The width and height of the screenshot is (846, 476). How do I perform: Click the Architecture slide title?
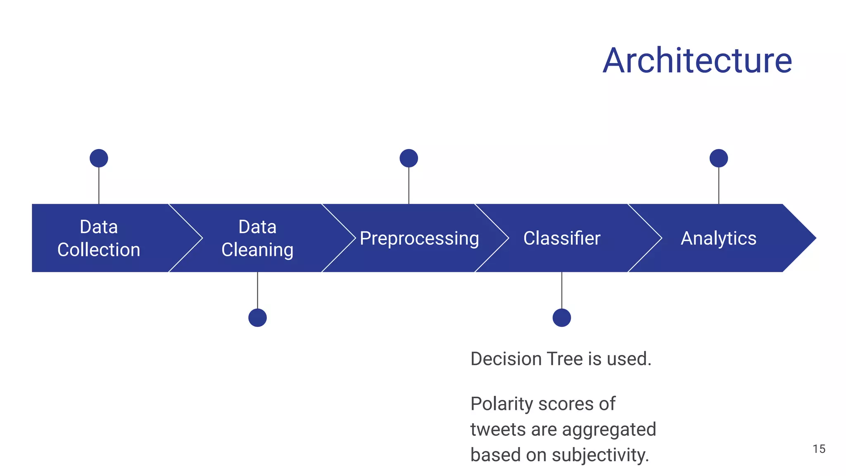pos(697,61)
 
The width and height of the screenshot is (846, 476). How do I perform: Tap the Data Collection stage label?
pos(99,238)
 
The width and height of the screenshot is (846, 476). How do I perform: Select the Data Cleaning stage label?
pos(257,238)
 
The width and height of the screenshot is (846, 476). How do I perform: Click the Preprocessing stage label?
pos(419,238)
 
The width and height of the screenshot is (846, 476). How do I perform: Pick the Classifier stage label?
pos(561,238)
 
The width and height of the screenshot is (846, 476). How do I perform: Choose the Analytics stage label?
pos(718,238)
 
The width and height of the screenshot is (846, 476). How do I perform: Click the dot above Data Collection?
pos(99,158)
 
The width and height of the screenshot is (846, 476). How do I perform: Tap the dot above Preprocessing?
pos(409,158)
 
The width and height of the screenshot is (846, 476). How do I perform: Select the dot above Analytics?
pos(718,158)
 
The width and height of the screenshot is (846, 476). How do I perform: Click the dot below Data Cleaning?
pos(257,318)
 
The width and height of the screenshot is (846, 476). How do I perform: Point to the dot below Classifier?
pos(561,318)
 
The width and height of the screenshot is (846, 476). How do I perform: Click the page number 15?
pos(819,449)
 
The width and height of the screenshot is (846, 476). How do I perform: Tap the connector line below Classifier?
pos(561,290)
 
